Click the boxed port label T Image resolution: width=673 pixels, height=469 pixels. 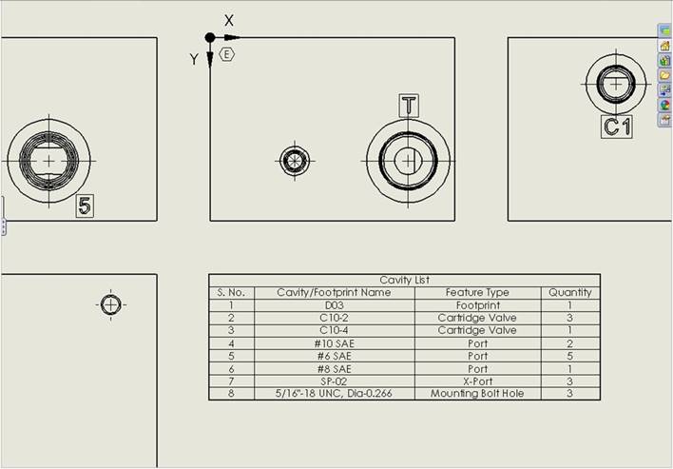point(409,106)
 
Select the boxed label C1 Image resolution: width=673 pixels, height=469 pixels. point(617,127)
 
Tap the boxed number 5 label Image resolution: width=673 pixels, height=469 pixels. point(85,205)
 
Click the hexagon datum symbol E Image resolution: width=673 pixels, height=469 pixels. point(226,54)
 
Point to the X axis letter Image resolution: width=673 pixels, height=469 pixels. point(229,20)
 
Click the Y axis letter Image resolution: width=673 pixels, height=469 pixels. point(194,59)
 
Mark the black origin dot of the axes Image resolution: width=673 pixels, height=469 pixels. point(210,38)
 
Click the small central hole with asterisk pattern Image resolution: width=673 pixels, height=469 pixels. point(295,161)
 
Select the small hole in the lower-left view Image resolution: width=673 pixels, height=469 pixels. point(110,305)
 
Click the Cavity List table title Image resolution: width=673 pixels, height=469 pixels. point(404,280)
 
